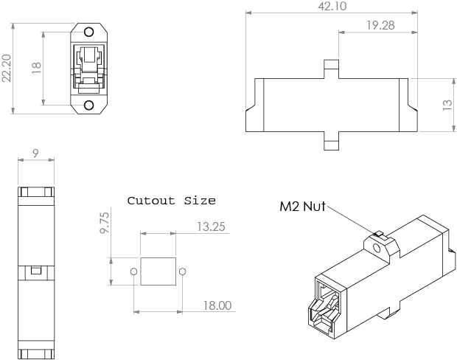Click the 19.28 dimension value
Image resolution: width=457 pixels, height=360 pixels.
[x=379, y=25]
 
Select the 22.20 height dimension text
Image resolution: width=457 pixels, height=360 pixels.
[x=7, y=69]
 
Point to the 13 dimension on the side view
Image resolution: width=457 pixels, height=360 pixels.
[x=447, y=105]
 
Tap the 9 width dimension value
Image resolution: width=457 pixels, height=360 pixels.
[x=35, y=154]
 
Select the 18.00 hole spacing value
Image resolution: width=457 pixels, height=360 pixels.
[x=217, y=305]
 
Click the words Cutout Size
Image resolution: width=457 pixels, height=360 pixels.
[x=172, y=200]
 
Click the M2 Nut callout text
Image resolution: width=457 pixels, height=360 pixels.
[x=303, y=207]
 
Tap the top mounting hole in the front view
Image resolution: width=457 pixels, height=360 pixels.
[x=89, y=32]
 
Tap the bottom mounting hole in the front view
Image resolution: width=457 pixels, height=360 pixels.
[x=89, y=105]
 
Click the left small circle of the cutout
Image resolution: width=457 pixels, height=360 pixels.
[x=133, y=271]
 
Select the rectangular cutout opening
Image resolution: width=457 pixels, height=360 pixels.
[x=158, y=271]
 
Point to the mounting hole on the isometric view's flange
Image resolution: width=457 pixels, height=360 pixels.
[x=378, y=249]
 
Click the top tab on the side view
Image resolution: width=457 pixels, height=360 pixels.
[x=332, y=68]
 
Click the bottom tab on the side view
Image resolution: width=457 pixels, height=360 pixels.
[x=332, y=141]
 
